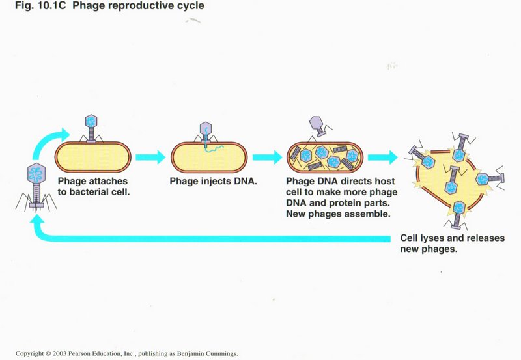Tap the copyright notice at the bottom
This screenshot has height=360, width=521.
pyautogui.click(x=126, y=353)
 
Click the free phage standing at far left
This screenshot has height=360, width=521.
pyautogui.click(x=35, y=187)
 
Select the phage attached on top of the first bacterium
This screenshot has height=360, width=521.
pyautogui.click(x=91, y=129)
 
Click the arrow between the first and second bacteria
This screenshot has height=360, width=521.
pyautogui.click(x=151, y=157)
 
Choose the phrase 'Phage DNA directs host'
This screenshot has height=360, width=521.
pyautogui.click(x=341, y=182)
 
